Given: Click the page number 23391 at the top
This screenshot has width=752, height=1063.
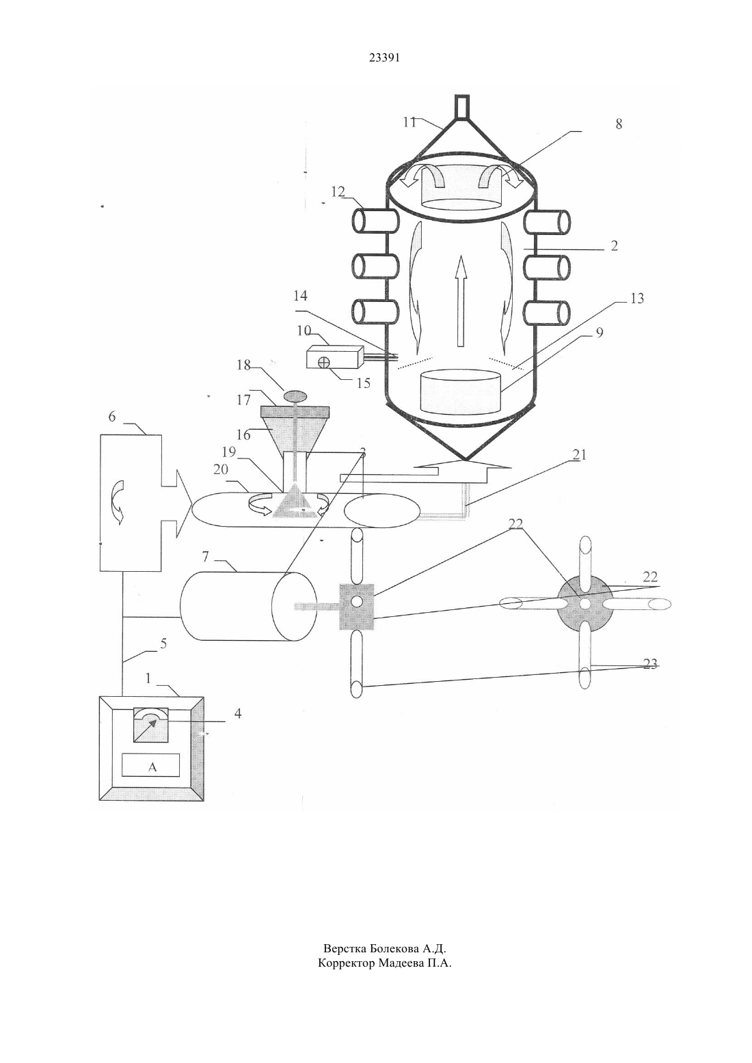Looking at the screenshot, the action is coord(384,58).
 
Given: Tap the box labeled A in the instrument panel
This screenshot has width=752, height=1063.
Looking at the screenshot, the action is coord(150,764).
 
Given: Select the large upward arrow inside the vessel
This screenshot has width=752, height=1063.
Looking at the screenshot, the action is coord(459,301).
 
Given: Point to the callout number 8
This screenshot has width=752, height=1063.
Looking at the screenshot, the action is coord(618,124).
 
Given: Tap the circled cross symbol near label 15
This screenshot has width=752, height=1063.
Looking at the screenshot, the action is coord(323,362).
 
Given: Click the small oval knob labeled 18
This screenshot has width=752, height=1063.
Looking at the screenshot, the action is coord(295,395).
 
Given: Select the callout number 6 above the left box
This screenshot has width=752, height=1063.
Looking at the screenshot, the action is coord(112,416).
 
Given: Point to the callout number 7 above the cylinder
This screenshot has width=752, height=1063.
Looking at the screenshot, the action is coord(205,557).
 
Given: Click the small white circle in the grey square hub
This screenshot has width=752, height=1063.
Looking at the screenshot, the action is coord(357,602).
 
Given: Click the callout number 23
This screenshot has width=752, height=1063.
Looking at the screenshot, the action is coord(649,664).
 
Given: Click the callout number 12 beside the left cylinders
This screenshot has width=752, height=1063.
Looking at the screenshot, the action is coord(338,192).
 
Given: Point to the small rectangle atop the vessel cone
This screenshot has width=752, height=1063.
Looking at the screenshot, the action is coord(462,107).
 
